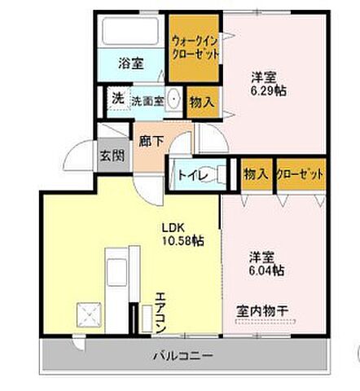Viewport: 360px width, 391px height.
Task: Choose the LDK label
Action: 173,227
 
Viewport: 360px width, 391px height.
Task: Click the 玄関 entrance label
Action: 112,156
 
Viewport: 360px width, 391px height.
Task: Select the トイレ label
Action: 191,175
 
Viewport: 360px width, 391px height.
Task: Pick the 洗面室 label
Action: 147,97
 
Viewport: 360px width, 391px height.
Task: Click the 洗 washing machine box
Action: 117,97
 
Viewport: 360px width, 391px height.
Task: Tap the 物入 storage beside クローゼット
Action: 256,174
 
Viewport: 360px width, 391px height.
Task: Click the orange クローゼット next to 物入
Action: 300,174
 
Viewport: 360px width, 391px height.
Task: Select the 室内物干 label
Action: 264,311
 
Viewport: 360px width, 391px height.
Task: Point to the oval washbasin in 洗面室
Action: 174,97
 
